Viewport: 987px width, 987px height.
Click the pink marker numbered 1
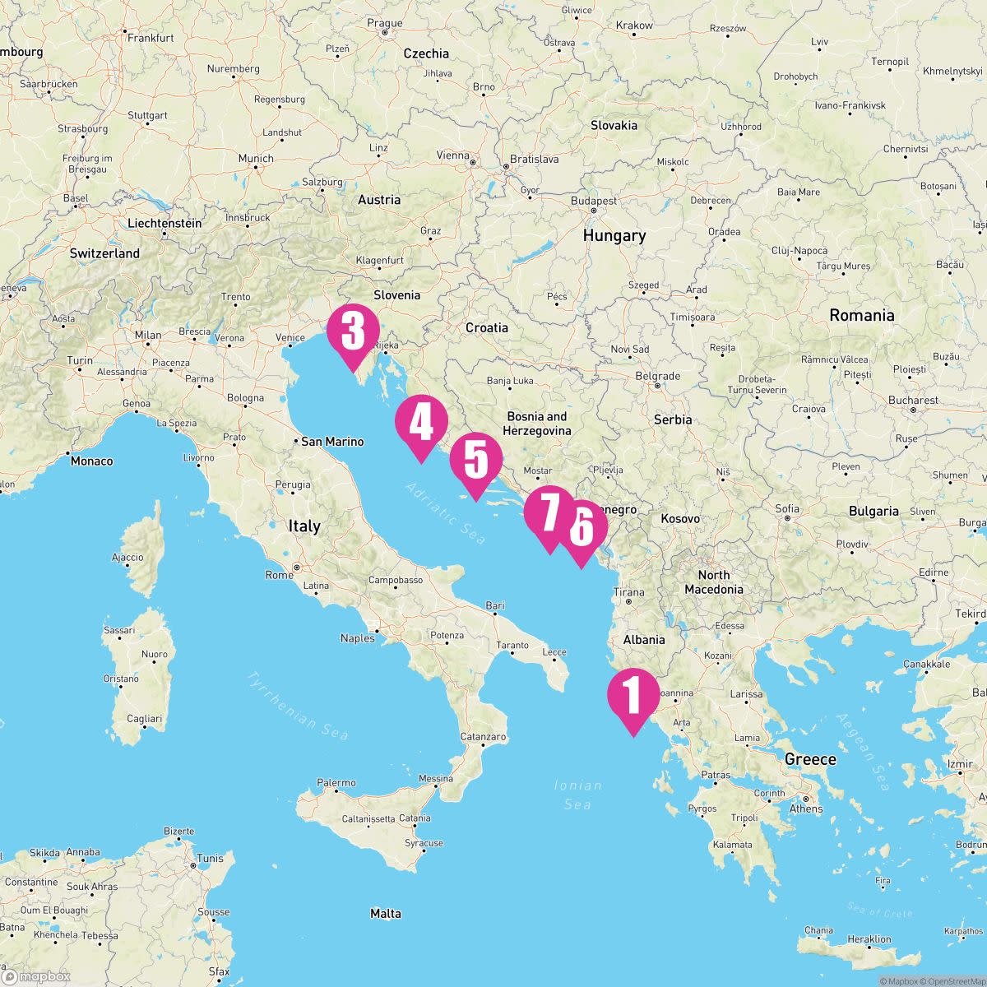tap(633, 695)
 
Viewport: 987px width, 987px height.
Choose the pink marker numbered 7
tap(549, 512)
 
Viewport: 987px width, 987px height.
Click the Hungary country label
tap(614, 236)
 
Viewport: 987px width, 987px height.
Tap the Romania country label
tap(861, 316)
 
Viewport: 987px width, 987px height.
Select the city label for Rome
tap(280, 575)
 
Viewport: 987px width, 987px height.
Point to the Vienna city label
tap(453, 155)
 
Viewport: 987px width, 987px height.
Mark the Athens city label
tap(806, 809)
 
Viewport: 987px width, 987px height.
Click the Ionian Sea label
tap(577, 795)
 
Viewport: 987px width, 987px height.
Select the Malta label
tap(386, 914)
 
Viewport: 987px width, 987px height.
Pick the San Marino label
tap(332, 442)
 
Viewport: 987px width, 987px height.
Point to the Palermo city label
tap(336, 783)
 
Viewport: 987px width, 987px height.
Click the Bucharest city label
tap(913, 401)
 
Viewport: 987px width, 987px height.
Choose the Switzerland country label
tap(104, 254)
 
